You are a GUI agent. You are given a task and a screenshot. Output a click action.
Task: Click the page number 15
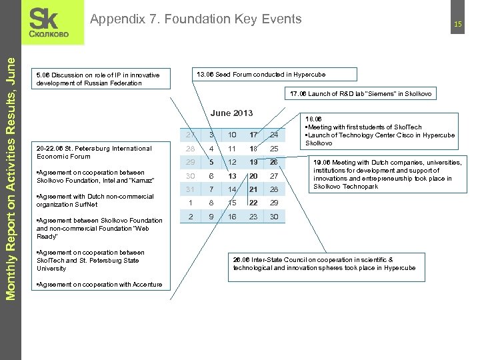click(x=458, y=25)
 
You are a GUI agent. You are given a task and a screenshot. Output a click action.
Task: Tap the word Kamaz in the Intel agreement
click(x=142, y=181)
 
